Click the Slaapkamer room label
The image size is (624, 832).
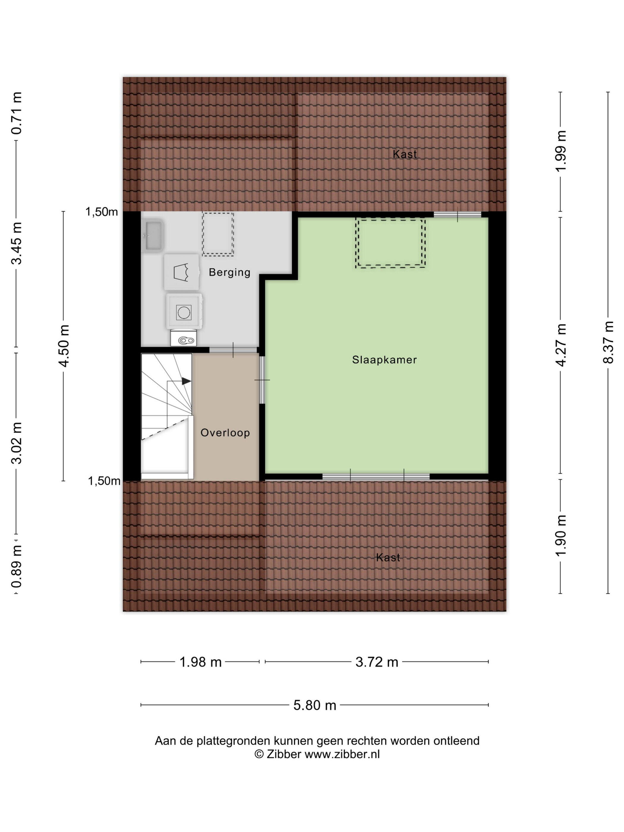coord(384,360)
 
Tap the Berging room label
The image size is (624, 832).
coord(229,272)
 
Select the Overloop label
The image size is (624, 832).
coord(225,433)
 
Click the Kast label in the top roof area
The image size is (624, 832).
coord(405,154)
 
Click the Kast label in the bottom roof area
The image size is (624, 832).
coord(388,557)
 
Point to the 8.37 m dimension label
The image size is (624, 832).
coord(608,342)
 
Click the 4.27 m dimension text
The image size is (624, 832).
coord(561,345)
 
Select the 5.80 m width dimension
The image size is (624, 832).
coord(314,705)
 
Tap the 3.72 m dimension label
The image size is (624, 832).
coord(377,662)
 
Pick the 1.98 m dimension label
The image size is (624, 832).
coord(201,662)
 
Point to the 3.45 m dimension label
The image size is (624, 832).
coord(17,243)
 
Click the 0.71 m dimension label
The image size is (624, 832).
coord(17,113)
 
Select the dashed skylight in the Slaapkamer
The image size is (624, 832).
coord(390,243)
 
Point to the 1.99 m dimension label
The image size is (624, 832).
coord(561,151)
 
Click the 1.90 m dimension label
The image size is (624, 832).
coord(561,535)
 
